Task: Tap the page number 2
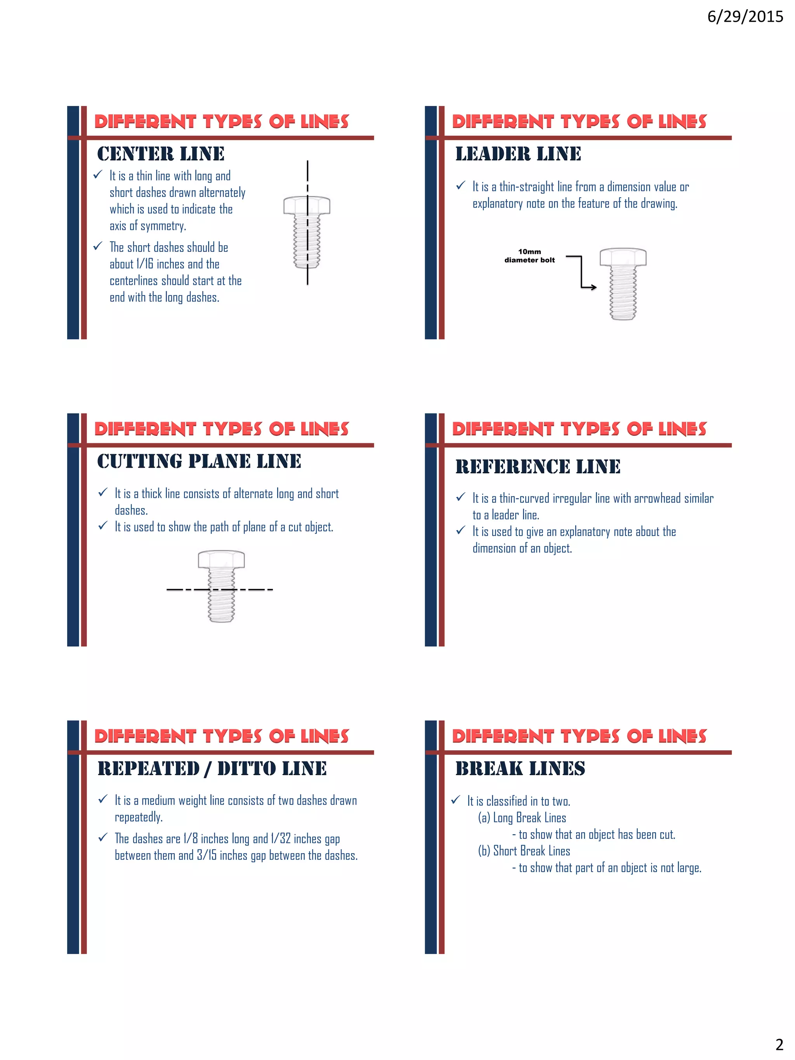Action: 779,1044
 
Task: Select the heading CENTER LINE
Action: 161,154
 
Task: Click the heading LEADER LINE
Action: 518,154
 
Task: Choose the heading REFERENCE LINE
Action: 538,466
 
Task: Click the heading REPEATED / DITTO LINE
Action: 212,768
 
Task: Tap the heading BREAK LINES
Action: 520,768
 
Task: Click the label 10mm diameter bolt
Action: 529,256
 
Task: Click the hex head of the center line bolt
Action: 307,205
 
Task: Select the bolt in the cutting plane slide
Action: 221,586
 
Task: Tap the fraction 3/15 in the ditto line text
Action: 207,855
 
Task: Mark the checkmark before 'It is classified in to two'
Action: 456,800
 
